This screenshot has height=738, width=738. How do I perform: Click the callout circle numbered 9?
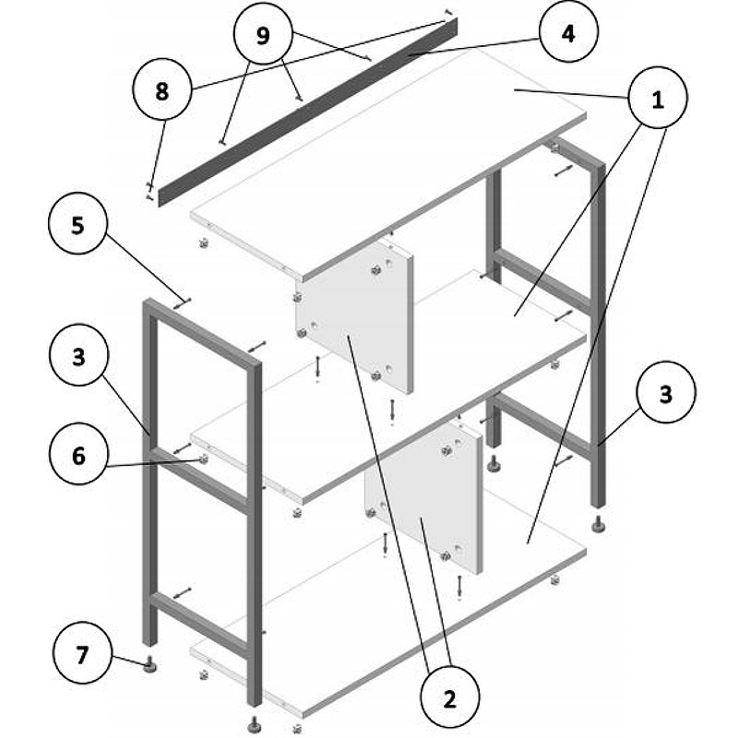(263, 35)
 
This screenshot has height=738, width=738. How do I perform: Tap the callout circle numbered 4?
(568, 32)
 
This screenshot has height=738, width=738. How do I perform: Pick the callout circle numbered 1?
(658, 98)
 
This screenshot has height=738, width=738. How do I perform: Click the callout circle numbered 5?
(77, 224)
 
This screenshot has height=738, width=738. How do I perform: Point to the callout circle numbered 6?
(78, 454)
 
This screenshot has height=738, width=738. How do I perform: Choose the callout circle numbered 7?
(82, 653)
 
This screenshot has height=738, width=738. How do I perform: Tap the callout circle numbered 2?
(450, 698)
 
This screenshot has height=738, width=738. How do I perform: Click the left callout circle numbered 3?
(78, 355)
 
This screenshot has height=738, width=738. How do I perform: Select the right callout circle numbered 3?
(665, 392)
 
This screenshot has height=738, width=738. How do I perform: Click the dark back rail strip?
(308, 112)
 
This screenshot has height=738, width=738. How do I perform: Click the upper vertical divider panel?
(355, 317)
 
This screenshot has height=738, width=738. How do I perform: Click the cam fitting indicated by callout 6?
(204, 459)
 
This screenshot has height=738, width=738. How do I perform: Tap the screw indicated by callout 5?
(183, 304)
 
